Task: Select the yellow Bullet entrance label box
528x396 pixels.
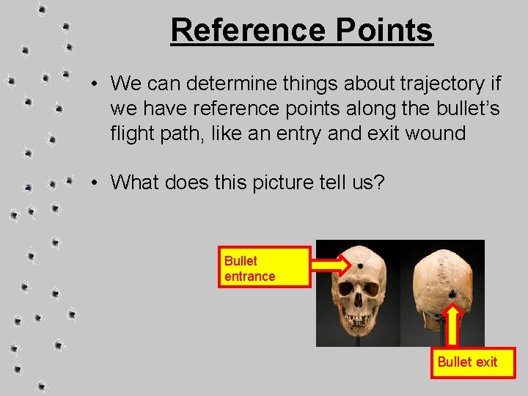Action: coord(264,268)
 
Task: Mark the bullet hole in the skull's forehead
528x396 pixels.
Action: coord(362,264)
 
